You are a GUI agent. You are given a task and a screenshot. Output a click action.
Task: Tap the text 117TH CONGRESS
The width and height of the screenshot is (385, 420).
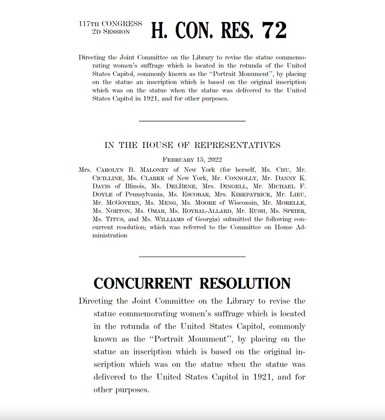point(110,24)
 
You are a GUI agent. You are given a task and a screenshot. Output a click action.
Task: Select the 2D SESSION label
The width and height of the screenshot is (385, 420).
point(111,32)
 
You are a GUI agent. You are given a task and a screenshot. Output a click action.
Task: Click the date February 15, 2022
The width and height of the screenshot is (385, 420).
point(192,160)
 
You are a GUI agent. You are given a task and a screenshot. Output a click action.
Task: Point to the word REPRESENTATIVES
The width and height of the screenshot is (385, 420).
point(237,145)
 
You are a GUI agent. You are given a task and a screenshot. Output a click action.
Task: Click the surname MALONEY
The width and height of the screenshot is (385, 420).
point(154,170)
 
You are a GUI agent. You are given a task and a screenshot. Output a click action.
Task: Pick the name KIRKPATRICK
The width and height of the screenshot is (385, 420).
point(251,195)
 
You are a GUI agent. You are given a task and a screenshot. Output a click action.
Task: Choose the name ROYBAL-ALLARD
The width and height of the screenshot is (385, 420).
point(207,211)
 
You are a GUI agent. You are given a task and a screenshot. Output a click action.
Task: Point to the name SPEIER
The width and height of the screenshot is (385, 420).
point(294,211)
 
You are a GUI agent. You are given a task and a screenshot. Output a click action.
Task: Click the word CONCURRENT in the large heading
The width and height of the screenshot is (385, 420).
point(142,283)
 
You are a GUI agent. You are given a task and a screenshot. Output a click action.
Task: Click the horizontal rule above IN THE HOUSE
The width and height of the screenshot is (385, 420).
point(192,121)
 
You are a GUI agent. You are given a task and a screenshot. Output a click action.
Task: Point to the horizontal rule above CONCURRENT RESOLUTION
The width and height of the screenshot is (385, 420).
point(192,257)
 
